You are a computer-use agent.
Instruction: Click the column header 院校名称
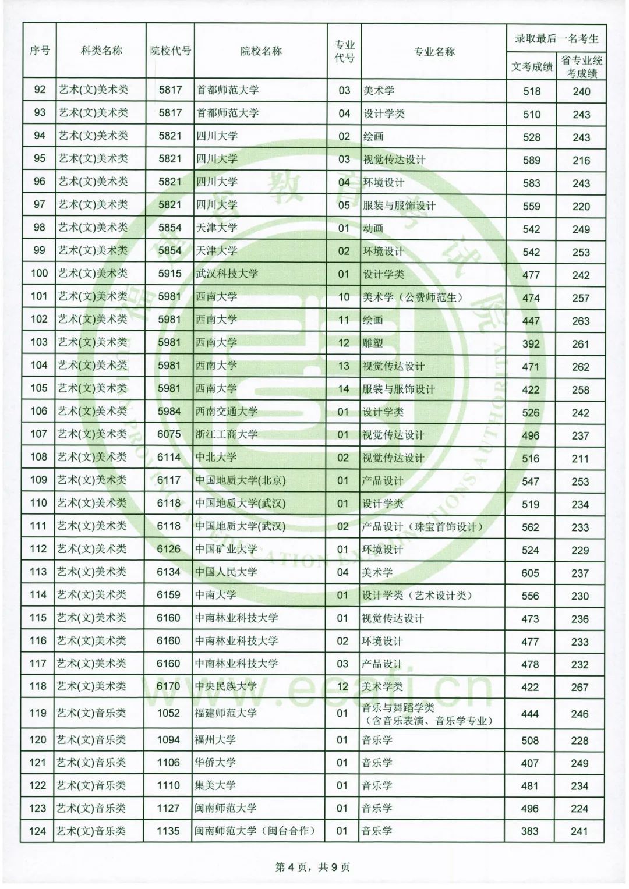(260, 52)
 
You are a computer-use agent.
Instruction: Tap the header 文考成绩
(532, 67)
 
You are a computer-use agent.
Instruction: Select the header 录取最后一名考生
(556, 39)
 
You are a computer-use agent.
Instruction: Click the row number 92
(40, 90)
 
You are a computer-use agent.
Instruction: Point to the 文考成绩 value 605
(530, 573)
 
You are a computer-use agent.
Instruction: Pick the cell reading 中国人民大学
(226, 572)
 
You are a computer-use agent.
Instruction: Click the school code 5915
(169, 274)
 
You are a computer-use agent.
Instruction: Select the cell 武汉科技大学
(227, 274)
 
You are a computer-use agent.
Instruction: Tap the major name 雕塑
(373, 343)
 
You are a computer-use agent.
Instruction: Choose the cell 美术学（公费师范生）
(412, 297)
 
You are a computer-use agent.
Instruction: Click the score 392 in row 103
(531, 344)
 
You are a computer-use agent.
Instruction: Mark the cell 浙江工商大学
(227, 434)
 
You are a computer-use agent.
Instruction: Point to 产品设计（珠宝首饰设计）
(422, 527)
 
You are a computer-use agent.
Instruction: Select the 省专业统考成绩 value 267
(579, 688)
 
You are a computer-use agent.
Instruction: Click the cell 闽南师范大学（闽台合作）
(255, 831)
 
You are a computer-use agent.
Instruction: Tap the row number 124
(37, 831)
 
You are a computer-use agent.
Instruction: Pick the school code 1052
(168, 713)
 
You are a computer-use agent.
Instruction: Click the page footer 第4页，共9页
(313, 867)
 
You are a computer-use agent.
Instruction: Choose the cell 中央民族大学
(226, 687)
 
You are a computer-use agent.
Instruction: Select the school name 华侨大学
(215, 763)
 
